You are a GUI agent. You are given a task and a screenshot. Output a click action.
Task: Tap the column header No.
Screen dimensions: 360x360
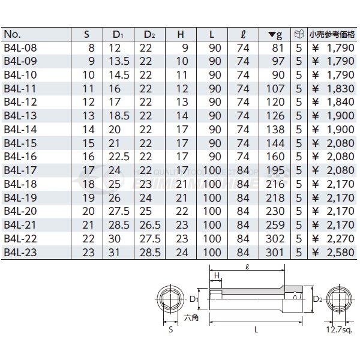coord(13,34)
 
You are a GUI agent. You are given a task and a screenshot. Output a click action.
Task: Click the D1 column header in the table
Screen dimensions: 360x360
coord(118,34)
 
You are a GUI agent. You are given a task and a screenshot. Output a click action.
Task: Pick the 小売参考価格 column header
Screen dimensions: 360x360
coord(332,34)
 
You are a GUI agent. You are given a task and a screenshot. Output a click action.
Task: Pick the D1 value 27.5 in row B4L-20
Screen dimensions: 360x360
coord(119,211)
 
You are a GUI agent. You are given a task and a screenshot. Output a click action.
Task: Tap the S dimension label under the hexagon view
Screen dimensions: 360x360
coord(171,330)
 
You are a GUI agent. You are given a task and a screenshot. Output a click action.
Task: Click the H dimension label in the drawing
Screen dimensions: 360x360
coord(217,274)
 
